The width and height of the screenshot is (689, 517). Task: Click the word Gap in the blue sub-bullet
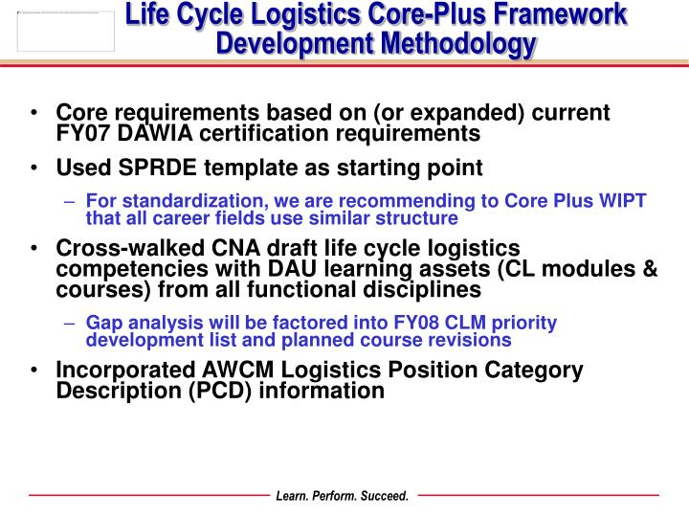[103, 323]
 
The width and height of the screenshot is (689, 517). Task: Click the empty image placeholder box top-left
[65, 31]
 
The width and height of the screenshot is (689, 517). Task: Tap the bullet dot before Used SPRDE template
[34, 169]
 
